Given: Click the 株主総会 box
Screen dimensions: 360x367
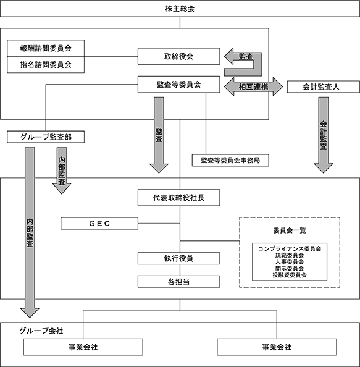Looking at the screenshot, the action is [180, 9].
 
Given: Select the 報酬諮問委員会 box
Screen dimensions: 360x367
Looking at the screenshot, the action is [46, 48].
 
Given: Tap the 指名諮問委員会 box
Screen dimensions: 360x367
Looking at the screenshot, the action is [46, 65].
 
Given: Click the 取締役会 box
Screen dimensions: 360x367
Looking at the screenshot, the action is [178, 56].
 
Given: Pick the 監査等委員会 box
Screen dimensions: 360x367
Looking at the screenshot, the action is [178, 85].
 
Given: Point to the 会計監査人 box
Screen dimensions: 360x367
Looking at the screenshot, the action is [324, 87].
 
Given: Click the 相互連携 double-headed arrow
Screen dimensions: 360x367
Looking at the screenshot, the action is [253, 87].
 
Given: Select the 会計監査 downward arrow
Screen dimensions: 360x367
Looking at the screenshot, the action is [324, 135].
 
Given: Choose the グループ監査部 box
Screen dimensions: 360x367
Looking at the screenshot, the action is [46, 137].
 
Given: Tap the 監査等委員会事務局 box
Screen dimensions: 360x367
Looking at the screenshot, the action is [230, 160].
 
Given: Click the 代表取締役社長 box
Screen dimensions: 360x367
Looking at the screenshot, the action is [178, 198].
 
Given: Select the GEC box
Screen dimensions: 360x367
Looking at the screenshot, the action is [99, 224].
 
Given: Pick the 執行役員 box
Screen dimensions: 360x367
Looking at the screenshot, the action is [178, 258].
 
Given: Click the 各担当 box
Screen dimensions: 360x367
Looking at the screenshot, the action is [178, 282].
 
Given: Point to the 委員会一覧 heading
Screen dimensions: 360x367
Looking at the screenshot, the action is [290, 230].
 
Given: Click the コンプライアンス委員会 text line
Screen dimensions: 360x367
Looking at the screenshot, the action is [290, 248].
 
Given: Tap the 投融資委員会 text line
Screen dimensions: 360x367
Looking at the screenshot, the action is [290, 275].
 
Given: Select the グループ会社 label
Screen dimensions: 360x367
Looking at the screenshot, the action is [41, 331].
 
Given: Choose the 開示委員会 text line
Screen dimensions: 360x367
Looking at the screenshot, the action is [290, 269].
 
